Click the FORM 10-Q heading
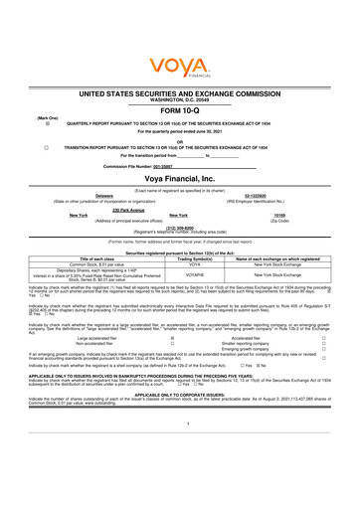[180, 111]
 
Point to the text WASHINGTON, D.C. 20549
[180, 97]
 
